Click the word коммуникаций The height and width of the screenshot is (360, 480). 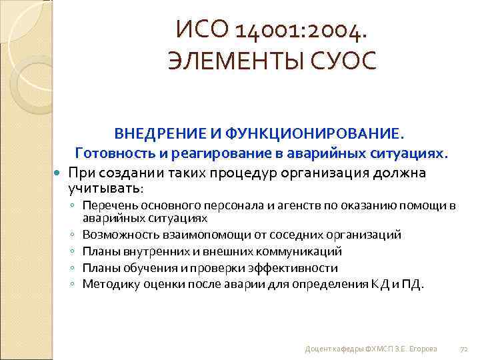pos(301,251)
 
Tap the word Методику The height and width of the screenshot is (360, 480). pos(106,285)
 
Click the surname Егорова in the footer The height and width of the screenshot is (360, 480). pos(422,349)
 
